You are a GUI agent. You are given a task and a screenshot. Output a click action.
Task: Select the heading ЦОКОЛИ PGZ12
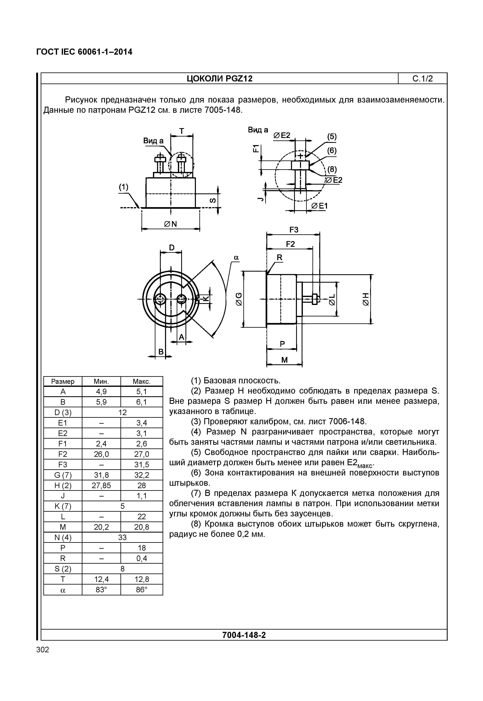(x=219, y=79)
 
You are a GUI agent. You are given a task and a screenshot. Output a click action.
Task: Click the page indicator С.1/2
(x=422, y=79)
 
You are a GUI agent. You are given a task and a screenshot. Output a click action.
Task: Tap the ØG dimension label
(x=239, y=299)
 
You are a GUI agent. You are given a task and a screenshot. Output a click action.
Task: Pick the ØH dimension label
(x=366, y=299)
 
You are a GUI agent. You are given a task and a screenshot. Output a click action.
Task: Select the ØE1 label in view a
(x=319, y=206)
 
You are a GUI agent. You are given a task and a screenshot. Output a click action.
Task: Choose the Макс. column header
(x=142, y=381)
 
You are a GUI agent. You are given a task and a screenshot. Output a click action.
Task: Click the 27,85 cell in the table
(x=101, y=486)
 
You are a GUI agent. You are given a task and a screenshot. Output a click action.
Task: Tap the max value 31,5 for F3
(x=142, y=465)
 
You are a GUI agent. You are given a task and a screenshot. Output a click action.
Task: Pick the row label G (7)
(x=63, y=475)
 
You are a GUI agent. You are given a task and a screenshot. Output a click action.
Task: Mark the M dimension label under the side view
(x=284, y=360)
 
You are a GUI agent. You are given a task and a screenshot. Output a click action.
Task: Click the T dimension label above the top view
(x=182, y=131)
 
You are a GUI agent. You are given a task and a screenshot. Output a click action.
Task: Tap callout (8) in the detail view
(x=332, y=169)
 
